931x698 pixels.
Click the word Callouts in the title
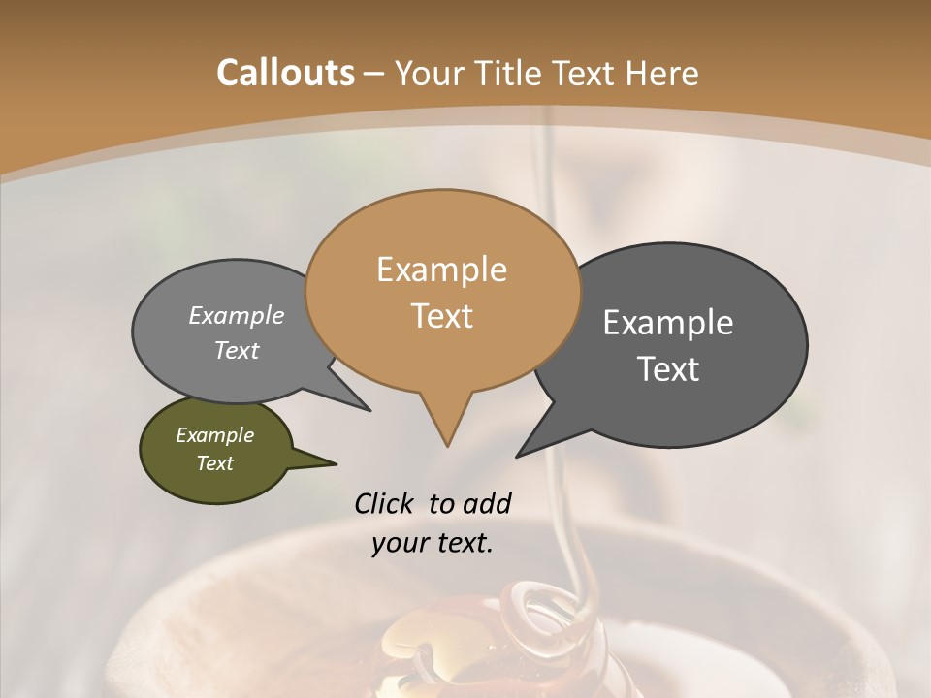coord(285,73)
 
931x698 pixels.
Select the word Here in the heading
coord(662,73)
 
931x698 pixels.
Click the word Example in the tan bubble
coord(441,270)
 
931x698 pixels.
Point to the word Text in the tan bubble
coord(441,316)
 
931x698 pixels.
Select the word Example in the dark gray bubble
coord(668,323)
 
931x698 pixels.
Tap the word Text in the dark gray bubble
coord(668,369)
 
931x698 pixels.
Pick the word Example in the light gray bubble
coord(237,315)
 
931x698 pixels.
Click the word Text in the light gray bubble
coord(237,350)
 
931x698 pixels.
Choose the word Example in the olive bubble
coord(214,435)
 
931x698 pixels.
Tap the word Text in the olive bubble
coord(214,463)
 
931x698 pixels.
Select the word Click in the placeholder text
coord(384,503)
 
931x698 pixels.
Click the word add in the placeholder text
coord(486,503)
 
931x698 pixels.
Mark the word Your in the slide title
coord(431,73)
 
